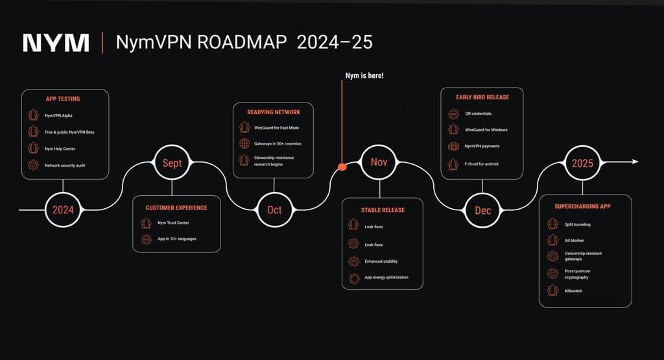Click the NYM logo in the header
pyautogui.click(x=56, y=43)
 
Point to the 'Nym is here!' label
pyautogui.click(x=364, y=76)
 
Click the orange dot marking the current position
pyautogui.click(x=342, y=167)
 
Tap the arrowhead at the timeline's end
pyautogui.click(x=635, y=162)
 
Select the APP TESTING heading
pyautogui.click(x=63, y=99)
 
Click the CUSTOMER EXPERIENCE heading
pyautogui.click(x=176, y=208)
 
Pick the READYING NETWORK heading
pyautogui.click(x=274, y=112)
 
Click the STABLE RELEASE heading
pyautogui.click(x=383, y=210)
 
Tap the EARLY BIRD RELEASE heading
pyautogui.click(x=482, y=97)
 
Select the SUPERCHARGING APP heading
pyautogui.click(x=583, y=206)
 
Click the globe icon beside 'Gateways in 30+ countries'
pyautogui.click(x=244, y=143)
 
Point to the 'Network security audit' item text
pyautogui.click(x=65, y=165)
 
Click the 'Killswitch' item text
pyautogui.click(x=573, y=291)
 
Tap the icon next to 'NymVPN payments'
pyautogui.click(x=453, y=147)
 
